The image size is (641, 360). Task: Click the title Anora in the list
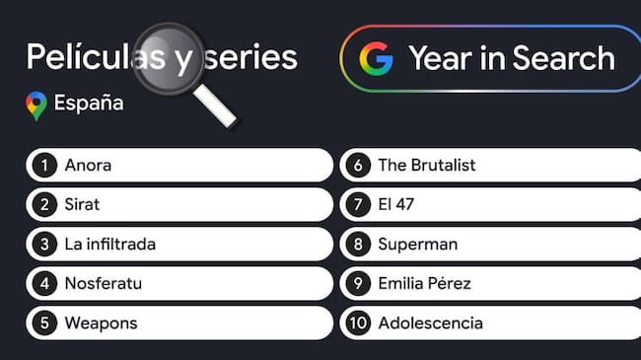[x=88, y=166]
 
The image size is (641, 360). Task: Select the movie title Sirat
[x=83, y=205]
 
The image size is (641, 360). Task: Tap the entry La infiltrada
[x=109, y=244]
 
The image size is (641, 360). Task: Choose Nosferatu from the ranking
[x=104, y=284]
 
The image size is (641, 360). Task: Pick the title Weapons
[x=101, y=323]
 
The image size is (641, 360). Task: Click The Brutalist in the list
[x=426, y=166]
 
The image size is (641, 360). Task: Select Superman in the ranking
[x=417, y=244]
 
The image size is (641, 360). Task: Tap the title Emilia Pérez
[x=424, y=284]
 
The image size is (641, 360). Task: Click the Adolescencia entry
[x=430, y=323]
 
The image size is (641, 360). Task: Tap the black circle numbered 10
[x=358, y=323]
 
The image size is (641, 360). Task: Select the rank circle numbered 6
[x=358, y=166]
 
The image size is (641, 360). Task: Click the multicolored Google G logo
[x=376, y=58]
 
